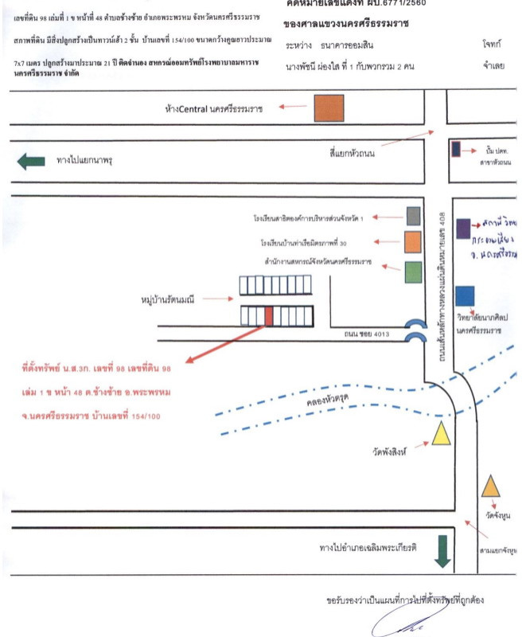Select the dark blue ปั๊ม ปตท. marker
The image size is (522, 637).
point(455,149)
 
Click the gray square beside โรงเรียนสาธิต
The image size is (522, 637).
point(413,215)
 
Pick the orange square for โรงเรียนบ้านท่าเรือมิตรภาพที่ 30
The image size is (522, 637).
point(412,241)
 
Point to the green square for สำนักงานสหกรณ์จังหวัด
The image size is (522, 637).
point(413,272)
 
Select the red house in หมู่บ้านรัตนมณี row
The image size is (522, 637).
point(268,315)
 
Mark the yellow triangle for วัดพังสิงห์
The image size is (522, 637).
point(441,434)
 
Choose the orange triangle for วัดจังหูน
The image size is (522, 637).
point(491,485)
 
